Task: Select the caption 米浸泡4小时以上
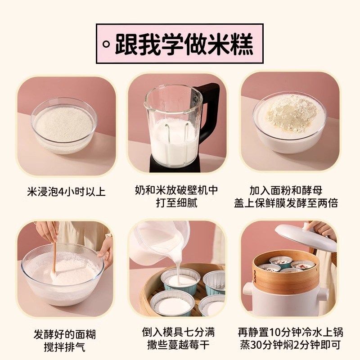[66, 192]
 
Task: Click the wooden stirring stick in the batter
[54, 252]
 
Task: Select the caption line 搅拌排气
[66, 347]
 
